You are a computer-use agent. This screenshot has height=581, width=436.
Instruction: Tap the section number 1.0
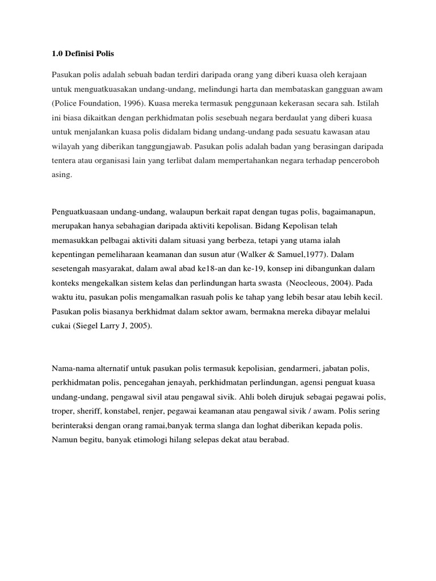57,54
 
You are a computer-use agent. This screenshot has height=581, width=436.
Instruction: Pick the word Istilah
372,104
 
